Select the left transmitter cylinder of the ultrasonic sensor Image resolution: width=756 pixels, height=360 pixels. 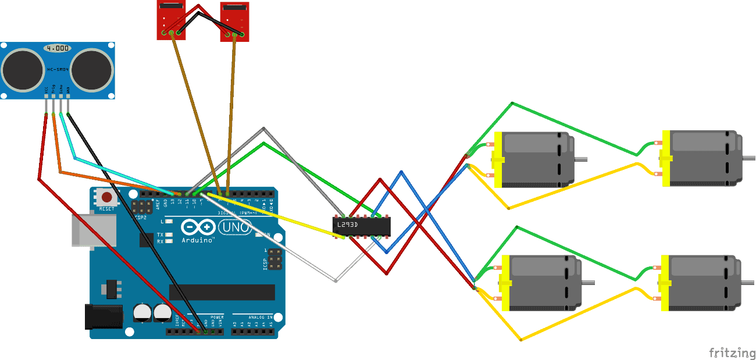[x=24, y=69]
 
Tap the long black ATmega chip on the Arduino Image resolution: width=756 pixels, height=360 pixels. [x=222, y=292]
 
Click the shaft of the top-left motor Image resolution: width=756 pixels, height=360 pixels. [x=581, y=159]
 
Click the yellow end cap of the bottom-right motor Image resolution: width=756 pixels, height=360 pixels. [x=664, y=282]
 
